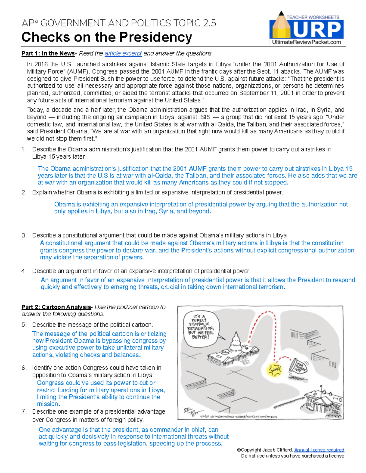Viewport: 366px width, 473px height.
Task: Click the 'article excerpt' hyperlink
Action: point(123,54)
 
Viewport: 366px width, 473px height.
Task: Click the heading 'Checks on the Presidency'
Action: point(106,37)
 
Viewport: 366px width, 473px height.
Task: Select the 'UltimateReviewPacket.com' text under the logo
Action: point(306,42)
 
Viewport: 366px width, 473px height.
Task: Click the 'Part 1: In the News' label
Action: point(48,54)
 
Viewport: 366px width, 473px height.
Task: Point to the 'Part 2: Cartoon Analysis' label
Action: point(56,307)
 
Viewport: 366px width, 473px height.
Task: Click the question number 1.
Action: point(23,149)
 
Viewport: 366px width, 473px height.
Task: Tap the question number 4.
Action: point(23,271)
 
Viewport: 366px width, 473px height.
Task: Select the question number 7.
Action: point(23,412)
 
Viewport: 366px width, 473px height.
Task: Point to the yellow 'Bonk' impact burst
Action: point(274,369)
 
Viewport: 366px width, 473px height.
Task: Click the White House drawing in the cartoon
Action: point(323,402)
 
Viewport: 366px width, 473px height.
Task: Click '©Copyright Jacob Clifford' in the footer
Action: point(265,450)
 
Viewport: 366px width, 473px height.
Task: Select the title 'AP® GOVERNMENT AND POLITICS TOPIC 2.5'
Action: point(119,23)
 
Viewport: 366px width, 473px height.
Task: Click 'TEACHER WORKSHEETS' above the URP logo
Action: point(313,17)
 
